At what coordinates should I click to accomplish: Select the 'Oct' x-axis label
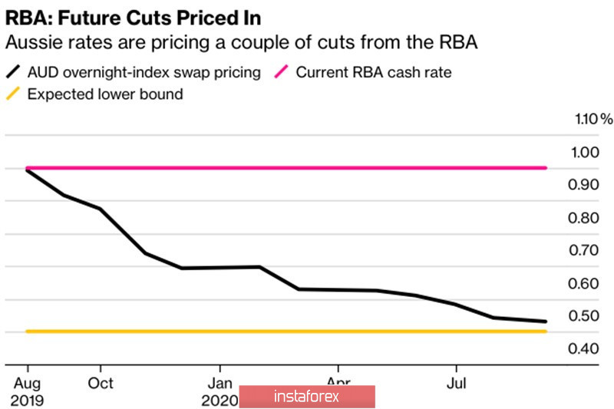tap(100, 382)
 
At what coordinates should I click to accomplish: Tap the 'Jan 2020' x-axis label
tap(220, 391)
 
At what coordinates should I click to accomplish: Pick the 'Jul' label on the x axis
tap(457, 382)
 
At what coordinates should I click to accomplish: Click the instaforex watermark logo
tap(307, 397)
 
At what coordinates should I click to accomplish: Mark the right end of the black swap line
tap(546, 322)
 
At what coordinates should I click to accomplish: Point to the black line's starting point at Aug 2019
tap(28, 170)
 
